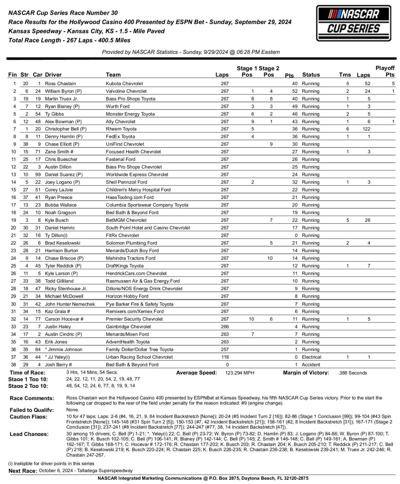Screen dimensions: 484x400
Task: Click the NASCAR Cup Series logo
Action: click(353, 23)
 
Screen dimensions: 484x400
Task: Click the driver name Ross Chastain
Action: click(60, 83)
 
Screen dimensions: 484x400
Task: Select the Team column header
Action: click(113, 75)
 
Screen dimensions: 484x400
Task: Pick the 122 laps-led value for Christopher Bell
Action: click(366, 129)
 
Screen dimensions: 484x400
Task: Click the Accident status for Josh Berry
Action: click(311, 365)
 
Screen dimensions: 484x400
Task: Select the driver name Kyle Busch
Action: click(57, 220)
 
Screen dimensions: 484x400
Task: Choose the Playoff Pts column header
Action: click(385, 71)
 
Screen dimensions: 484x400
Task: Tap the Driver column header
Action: click(53, 75)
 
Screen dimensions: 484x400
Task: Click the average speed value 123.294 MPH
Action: click(240, 373)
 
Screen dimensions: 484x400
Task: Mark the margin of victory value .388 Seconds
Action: click(352, 373)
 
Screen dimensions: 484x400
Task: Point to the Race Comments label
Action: click(32, 398)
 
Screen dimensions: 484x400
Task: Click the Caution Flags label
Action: click(28, 417)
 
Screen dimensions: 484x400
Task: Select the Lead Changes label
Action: click(29, 434)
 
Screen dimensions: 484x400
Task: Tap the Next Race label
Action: click(23, 471)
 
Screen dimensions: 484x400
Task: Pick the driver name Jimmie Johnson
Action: click(65, 350)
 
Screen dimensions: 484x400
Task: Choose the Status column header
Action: click(311, 75)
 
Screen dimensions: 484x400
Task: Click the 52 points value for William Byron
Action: click(294, 91)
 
